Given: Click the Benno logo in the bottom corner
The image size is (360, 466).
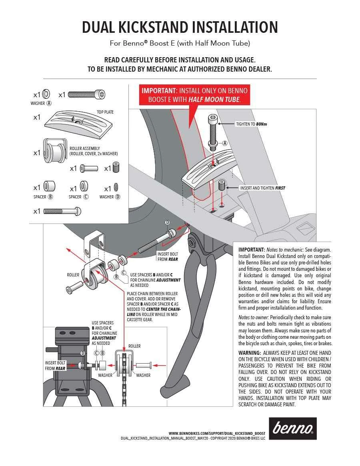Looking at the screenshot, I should click(292, 428).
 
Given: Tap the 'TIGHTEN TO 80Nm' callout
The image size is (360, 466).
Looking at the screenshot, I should click(251, 124).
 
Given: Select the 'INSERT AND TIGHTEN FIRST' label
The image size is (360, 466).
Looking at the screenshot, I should click(262, 188).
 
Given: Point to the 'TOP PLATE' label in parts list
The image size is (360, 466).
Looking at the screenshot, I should click(105, 112).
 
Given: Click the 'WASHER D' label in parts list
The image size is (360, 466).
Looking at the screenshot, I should click(110, 197).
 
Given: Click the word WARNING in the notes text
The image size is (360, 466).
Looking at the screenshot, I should click(250, 353).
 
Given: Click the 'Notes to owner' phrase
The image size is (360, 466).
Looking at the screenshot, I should click(254, 317).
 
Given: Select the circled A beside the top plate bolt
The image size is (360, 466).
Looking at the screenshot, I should click(225, 143).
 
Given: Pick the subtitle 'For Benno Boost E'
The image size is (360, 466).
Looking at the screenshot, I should click(180, 43).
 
